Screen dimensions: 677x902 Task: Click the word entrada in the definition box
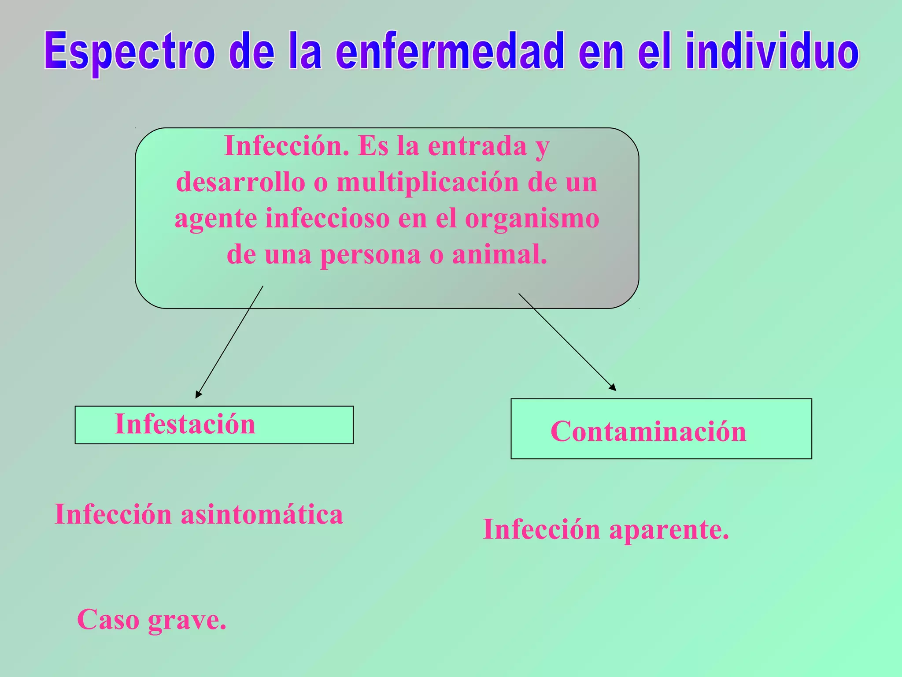click(x=477, y=146)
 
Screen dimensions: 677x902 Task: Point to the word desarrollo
click(x=240, y=182)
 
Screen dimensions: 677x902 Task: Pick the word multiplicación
click(x=428, y=183)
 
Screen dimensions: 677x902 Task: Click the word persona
click(x=370, y=256)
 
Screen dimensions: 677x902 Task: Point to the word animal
click(x=499, y=255)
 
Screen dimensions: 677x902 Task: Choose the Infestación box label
click(x=185, y=424)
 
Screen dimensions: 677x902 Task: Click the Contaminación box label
click(x=648, y=431)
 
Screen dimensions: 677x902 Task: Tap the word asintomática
click(x=262, y=514)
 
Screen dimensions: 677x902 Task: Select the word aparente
click(x=669, y=529)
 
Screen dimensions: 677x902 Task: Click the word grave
click(x=187, y=620)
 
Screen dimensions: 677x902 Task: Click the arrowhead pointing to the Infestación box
click(x=198, y=394)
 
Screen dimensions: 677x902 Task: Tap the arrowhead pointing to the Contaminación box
click(x=613, y=387)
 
